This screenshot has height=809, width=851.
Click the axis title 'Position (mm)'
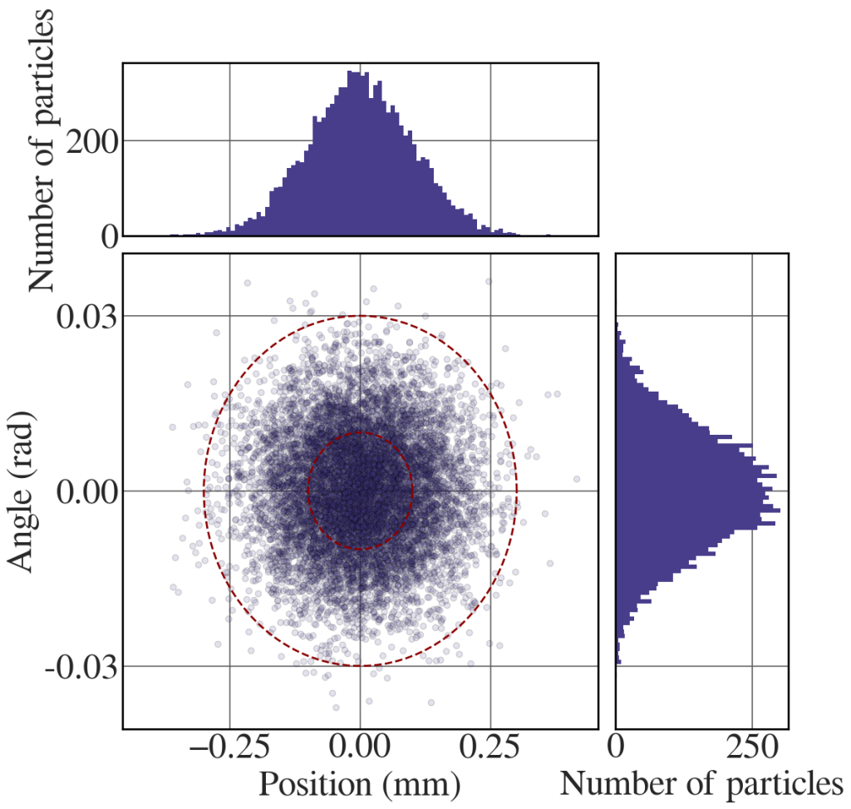click(360, 785)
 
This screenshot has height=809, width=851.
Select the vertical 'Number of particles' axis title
click(47, 150)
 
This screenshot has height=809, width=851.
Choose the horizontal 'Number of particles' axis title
click(703, 785)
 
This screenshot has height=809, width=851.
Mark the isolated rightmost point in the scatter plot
click(576, 478)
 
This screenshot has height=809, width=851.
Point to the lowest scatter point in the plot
click(336, 708)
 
